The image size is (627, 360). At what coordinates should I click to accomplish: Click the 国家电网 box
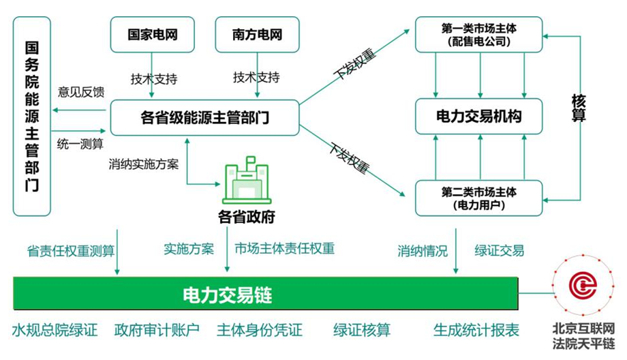click(x=153, y=34)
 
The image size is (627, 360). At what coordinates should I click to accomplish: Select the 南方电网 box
click(x=257, y=34)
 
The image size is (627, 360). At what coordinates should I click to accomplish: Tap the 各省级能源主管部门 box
click(x=204, y=117)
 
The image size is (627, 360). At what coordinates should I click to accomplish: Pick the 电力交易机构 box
click(x=479, y=117)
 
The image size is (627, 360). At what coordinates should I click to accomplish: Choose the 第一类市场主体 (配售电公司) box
click(x=479, y=34)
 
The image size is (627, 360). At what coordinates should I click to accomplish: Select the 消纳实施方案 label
click(x=143, y=164)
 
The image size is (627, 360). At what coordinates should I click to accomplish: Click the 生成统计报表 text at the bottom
click(x=476, y=331)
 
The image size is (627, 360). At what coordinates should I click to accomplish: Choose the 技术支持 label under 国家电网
click(x=154, y=78)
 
